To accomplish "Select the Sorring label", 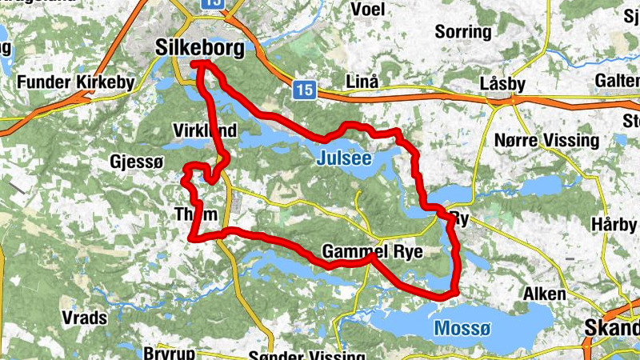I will click(x=462, y=32).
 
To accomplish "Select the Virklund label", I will click(x=205, y=130).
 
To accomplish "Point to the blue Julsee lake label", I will click(x=344, y=158).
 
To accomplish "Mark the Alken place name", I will click(x=544, y=294).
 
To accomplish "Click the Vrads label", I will click(x=84, y=318).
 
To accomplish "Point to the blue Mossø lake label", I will click(x=460, y=328).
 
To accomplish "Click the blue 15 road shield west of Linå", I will click(x=303, y=90).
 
